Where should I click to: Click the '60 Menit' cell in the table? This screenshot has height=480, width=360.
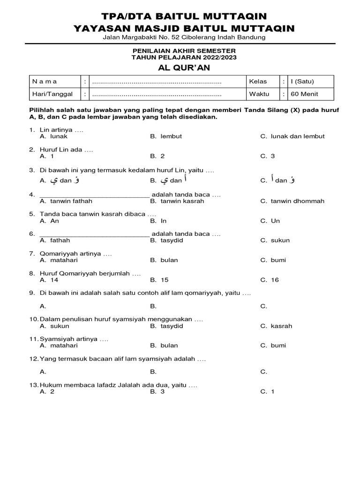click(x=304, y=94)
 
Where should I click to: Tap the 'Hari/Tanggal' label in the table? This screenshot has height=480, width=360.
click(x=52, y=94)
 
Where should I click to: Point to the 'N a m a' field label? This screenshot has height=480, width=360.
click(x=45, y=81)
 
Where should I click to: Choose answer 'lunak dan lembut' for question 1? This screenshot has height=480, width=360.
click(x=297, y=136)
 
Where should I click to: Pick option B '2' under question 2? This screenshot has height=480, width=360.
click(x=162, y=156)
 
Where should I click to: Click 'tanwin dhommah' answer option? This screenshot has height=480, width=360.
click(x=297, y=201)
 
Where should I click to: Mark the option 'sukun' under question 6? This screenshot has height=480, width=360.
click(x=280, y=240)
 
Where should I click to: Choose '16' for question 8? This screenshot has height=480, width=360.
click(x=274, y=280)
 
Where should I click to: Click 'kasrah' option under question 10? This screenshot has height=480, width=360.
click(x=281, y=326)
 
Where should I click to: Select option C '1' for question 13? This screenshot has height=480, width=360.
click(x=272, y=391)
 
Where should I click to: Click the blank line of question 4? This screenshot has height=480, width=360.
click(x=94, y=195)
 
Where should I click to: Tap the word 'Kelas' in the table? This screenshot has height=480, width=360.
click(x=258, y=81)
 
